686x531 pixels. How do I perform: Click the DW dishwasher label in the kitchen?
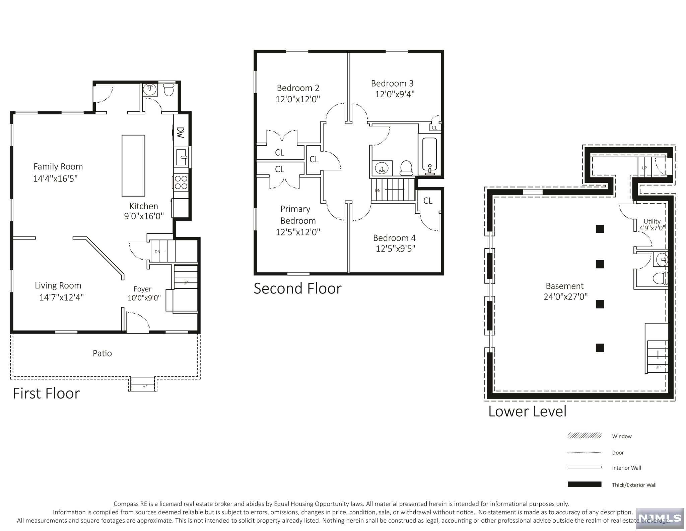click(180, 132)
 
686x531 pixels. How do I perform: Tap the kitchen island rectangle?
click(133, 165)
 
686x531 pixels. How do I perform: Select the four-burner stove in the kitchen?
click(181, 182)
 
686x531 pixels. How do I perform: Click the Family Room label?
click(58, 166)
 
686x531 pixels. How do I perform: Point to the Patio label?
click(102, 353)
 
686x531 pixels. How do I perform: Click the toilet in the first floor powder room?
click(169, 90)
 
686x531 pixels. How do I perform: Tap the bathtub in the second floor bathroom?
click(429, 154)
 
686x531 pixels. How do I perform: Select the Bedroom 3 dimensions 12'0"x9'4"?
click(395, 94)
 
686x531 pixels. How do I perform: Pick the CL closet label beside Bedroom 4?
click(428, 201)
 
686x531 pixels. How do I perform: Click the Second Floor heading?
click(297, 288)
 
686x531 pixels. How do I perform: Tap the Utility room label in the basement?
click(652, 221)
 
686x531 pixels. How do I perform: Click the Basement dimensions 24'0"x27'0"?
click(565, 297)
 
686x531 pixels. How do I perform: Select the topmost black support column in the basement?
click(600, 229)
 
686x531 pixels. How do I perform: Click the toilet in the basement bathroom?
click(660, 278)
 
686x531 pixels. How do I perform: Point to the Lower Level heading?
click(527, 411)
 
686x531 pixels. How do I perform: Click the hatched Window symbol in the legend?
click(584, 436)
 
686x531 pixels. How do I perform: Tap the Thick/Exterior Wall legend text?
click(634, 485)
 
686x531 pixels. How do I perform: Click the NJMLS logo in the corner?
click(659, 518)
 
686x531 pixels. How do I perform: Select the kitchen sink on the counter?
click(182, 157)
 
